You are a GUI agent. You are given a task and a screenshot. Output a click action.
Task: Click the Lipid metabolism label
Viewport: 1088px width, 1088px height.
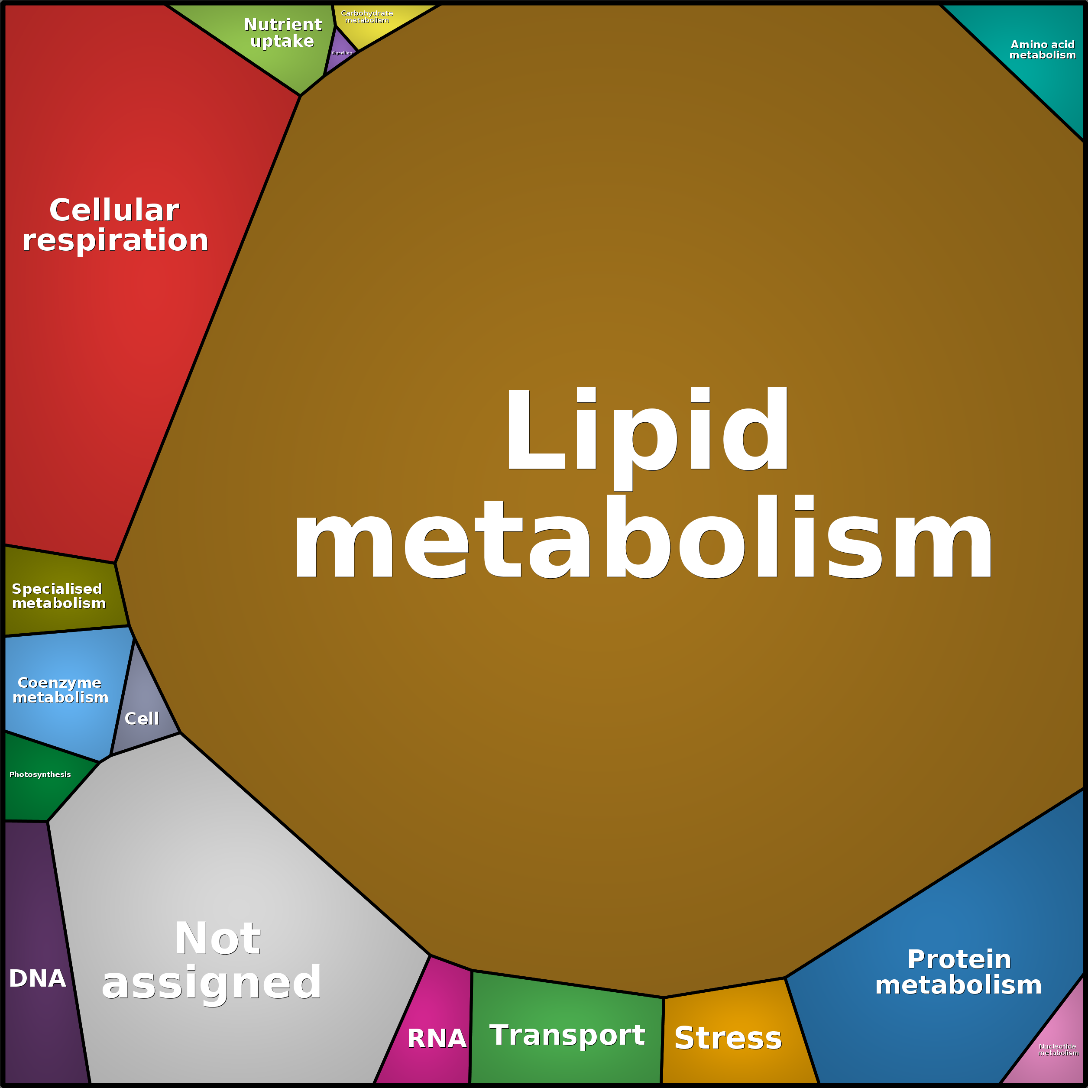[x=643, y=483]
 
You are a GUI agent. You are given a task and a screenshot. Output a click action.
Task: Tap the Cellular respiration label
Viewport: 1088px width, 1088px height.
[x=115, y=225]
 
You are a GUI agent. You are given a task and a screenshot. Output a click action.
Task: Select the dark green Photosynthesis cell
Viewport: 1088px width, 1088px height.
[x=45, y=780]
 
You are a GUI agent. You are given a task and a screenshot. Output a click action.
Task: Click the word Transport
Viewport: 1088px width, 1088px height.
[x=567, y=1035]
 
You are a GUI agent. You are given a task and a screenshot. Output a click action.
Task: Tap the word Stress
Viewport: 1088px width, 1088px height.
[x=728, y=1038]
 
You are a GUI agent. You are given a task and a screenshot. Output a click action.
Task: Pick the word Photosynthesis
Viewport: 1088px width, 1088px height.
[x=40, y=775]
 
